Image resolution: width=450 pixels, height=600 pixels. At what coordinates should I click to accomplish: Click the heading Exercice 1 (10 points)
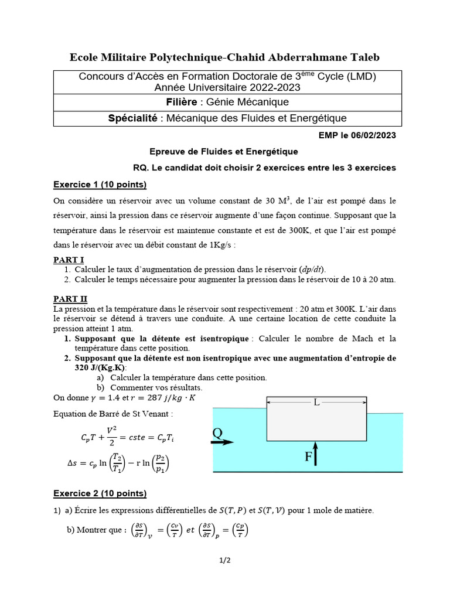(100, 185)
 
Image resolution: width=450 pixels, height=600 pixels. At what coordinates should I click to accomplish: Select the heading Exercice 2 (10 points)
(100, 493)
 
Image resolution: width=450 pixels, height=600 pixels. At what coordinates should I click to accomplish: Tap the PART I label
(69, 260)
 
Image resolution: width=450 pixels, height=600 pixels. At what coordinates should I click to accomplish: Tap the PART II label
(70, 299)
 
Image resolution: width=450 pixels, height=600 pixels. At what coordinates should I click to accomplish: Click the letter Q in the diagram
(217, 433)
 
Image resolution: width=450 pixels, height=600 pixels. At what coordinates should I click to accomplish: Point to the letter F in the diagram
(308, 457)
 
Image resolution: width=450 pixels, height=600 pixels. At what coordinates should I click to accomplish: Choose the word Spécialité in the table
(133, 118)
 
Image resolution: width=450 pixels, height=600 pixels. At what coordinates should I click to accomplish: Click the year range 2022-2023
(271, 87)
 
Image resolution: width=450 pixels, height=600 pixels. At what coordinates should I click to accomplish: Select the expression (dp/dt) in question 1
(312, 269)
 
